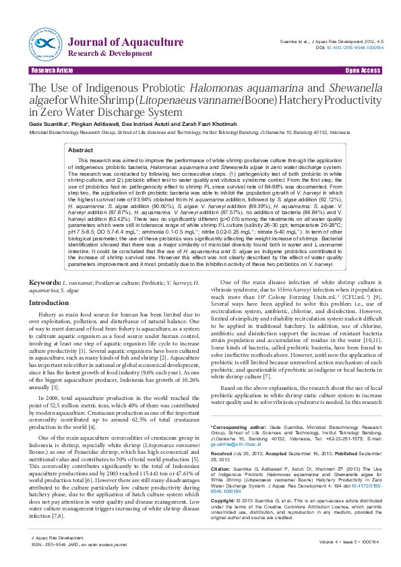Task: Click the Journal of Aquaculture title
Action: pos(126,42)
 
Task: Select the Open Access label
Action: pos(363,70)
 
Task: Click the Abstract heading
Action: pos(82,150)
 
